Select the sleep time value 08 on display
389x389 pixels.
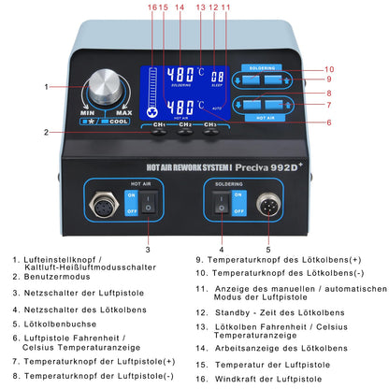(x=217, y=77)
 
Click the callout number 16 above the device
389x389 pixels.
(x=153, y=7)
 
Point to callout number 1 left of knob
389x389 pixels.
(x=47, y=87)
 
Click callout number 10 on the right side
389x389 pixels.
(x=328, y=69)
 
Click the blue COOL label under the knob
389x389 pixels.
(x=120, y=121)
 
